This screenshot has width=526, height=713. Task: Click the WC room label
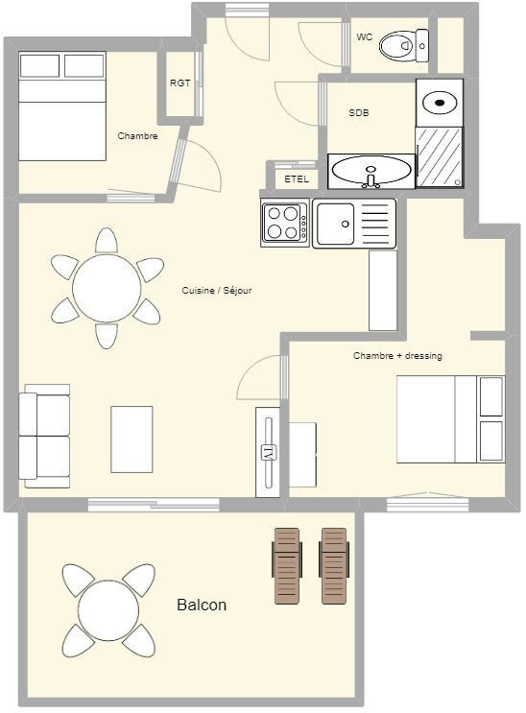364,37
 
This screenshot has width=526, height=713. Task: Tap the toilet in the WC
403,45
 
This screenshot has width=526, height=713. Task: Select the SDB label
359,113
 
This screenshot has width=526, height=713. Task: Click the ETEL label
297,179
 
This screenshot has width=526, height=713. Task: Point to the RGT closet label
179,83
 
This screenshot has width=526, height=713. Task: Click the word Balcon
202,605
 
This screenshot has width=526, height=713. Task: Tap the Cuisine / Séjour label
217,290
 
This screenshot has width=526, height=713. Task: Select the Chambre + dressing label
397,356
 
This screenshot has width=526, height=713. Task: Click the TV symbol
268,453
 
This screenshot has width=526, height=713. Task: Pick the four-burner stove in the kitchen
285,223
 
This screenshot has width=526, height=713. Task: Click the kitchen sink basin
336,224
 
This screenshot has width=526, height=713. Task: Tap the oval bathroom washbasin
371,170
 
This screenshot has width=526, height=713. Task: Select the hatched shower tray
439,156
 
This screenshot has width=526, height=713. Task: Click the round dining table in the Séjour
107,288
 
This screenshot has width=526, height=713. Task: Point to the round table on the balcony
108,610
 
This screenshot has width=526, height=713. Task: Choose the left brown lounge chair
287,566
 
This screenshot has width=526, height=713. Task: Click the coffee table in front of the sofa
131,440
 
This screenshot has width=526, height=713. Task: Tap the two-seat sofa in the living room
44,436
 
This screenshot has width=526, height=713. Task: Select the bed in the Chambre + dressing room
450,419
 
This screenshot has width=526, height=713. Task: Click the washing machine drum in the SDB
440,103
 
